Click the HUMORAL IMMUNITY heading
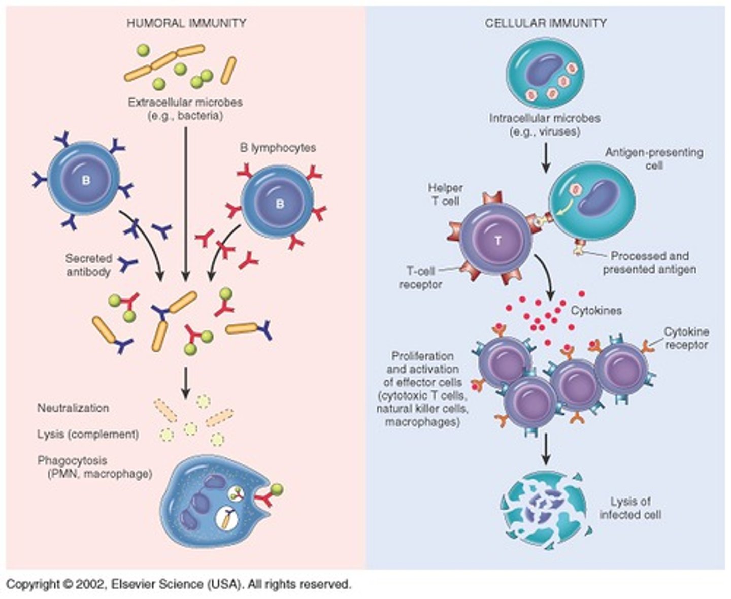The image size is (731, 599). [186, 23]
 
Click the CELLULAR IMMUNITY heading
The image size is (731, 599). [546, 23]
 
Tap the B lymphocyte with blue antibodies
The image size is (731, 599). [84, 179]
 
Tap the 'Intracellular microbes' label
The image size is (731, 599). [545, 125]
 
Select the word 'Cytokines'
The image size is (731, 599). [596, 311]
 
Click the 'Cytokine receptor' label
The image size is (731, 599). [686, 338]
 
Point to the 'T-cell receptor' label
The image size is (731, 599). [420, 278]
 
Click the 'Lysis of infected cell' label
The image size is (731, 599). [630, 508]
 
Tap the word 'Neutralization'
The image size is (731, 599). [73, 408]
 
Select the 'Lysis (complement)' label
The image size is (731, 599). [88, 435]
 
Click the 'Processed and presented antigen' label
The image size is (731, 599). [649, 262]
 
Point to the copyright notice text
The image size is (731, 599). [178, 584]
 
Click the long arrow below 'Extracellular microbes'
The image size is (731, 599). [186, 203]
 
